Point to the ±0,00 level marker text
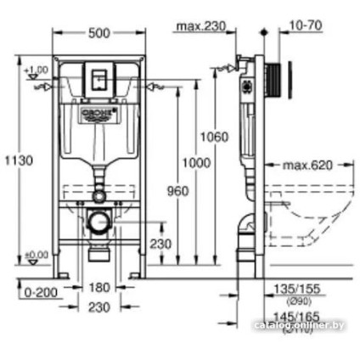pos(37,254)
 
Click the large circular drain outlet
pos(100,222)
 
